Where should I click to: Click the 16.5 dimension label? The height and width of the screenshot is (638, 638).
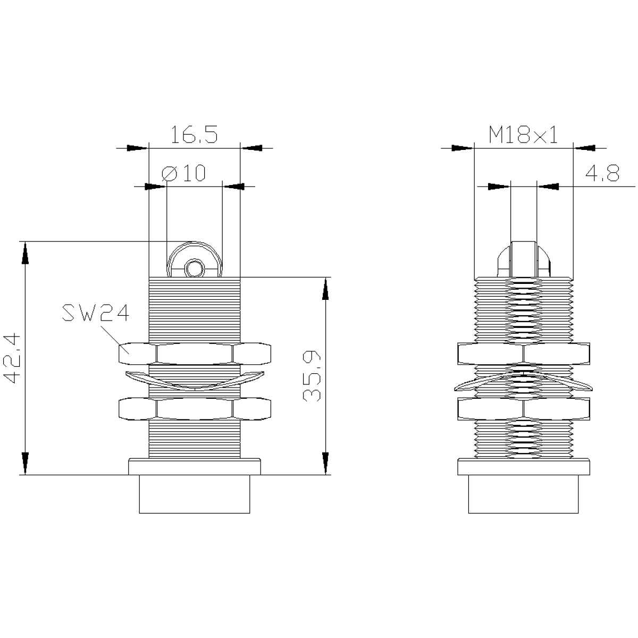tap(194, 134)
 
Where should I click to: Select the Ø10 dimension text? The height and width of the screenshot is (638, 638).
tap(183, 172)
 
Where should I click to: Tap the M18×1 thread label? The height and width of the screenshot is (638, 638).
tap(523, 135)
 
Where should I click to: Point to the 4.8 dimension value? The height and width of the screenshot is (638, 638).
tap(602, 173)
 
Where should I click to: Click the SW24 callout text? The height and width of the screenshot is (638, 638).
tap(95, 313)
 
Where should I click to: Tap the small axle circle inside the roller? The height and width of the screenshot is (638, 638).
tap(194, 268)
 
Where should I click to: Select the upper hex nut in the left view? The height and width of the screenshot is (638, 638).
tap(195, 354)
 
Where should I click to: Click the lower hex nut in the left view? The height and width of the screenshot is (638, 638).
tap(195, 410)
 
